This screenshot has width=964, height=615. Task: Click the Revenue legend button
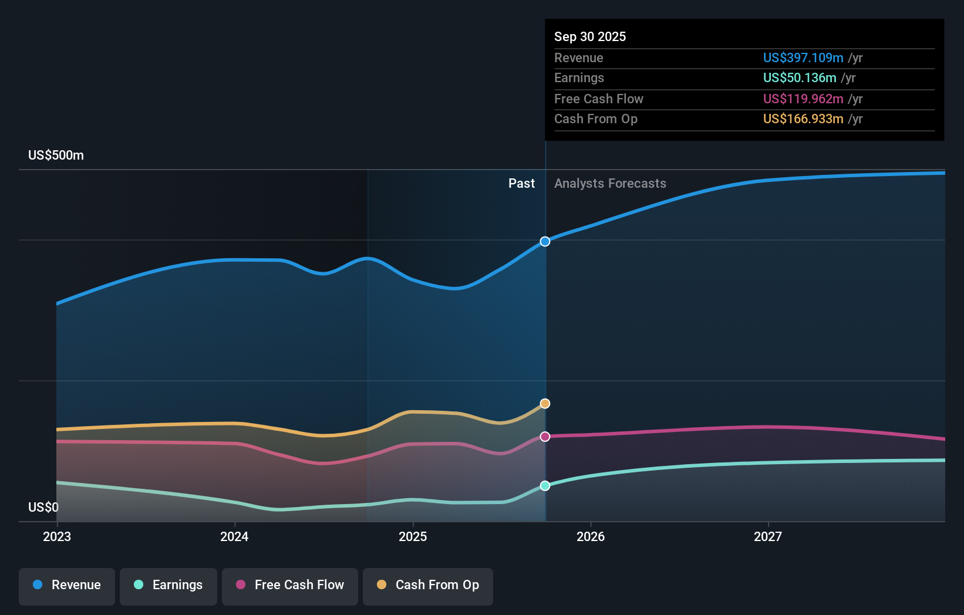click(x=67, y=585)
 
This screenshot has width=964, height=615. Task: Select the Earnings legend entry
click(x=168, y=585)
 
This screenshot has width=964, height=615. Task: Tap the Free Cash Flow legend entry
click(x=290, y=585)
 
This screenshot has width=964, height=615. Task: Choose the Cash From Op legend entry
click(x=428, y=585)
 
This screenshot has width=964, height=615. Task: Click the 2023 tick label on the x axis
click(x=57, y=536)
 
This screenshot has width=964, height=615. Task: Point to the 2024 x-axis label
click(x=234, y=536)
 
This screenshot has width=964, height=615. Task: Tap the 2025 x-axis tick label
click(x=413, y=536)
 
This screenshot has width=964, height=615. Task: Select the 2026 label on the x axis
click(x=591, y=536)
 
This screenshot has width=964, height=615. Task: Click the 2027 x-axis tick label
click(x=768, y=536)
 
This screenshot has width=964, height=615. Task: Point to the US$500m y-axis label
click(x=56, y=156)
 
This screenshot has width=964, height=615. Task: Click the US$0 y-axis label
click(x=43, y=507)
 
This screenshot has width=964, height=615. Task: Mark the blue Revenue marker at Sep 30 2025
click(x=545, y=241)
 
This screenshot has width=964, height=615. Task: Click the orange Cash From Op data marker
click(x=545, y=404)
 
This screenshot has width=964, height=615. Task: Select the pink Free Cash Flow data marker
click(x=545, y=437)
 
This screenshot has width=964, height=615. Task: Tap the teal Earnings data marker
click(x=545, y=486)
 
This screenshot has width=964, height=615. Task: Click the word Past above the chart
click(x=521, y=184)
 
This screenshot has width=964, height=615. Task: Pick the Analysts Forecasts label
click(x=610, y=184)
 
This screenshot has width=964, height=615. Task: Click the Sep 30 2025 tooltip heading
click(x=590, y=36)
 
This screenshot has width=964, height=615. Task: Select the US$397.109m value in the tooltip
click(x=803, y=58)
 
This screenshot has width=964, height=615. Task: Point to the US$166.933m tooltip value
click(x=803, y=119)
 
